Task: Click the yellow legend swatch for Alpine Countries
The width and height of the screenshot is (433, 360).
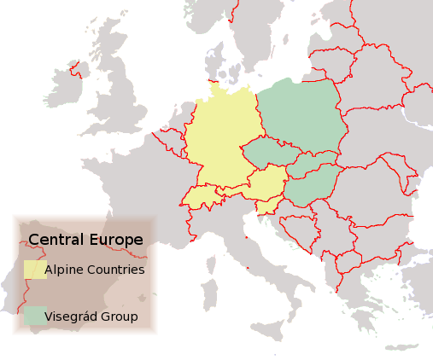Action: pyautogui.click(x=35, y=270)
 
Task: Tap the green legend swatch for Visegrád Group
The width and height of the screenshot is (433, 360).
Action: pyautogui.click(x=35, y=316)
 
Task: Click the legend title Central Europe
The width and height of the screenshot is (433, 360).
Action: pyautogui.click(x=85, y=240)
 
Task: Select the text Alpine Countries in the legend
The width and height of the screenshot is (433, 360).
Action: pyautogui.click(x=94, y=270)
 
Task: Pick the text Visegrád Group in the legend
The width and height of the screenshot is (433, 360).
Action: pyautogui.click(x=91, y=316)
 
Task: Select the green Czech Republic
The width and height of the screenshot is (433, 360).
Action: pyautogui.click(x=268, y=154)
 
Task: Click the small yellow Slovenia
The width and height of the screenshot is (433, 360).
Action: pyautogui.click(x=270, y=206)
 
